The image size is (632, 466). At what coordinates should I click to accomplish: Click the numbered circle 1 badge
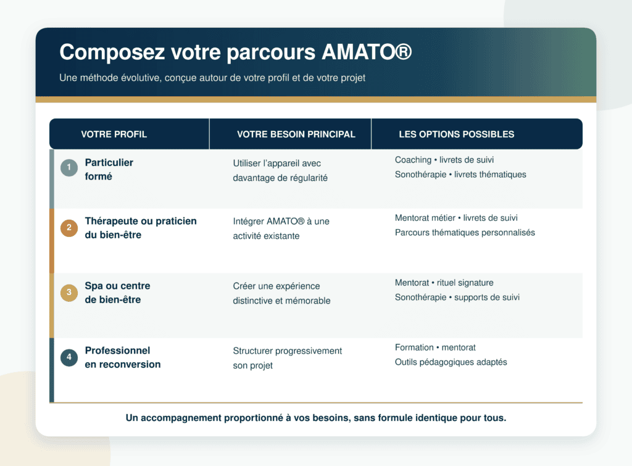pos(69,167)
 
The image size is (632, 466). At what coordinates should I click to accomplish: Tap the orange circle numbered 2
pos(69,228)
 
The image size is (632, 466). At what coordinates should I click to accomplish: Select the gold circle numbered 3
pos(69,293)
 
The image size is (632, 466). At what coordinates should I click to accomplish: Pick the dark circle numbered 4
pos(69,357)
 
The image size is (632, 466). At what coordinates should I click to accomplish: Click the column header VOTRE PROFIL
pos(114,134)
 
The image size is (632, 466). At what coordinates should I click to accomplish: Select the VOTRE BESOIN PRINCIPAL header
pos(296,134)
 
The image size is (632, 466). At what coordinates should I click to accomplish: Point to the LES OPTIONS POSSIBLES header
pos(456,134)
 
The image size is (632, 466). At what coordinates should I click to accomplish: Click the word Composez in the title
pos(112,53)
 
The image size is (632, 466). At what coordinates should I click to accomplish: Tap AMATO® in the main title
pos(367,52)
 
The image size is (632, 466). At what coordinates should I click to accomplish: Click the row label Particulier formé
pos(109,169)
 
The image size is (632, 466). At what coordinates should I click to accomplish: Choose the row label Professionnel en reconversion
pos(123,357)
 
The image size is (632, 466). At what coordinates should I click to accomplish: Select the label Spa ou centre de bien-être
pos(117,293)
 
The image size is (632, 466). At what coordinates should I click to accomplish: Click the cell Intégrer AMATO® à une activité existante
pos(281,228)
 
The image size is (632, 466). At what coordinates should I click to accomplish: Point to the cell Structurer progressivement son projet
pos(288,358)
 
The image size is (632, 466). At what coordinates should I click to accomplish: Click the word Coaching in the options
pos(413,160)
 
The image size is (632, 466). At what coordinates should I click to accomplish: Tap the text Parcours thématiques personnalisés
pos(465,233)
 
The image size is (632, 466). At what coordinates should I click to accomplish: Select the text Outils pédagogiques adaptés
pos(451,362)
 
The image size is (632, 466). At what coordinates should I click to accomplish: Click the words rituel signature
pos(465,283)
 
